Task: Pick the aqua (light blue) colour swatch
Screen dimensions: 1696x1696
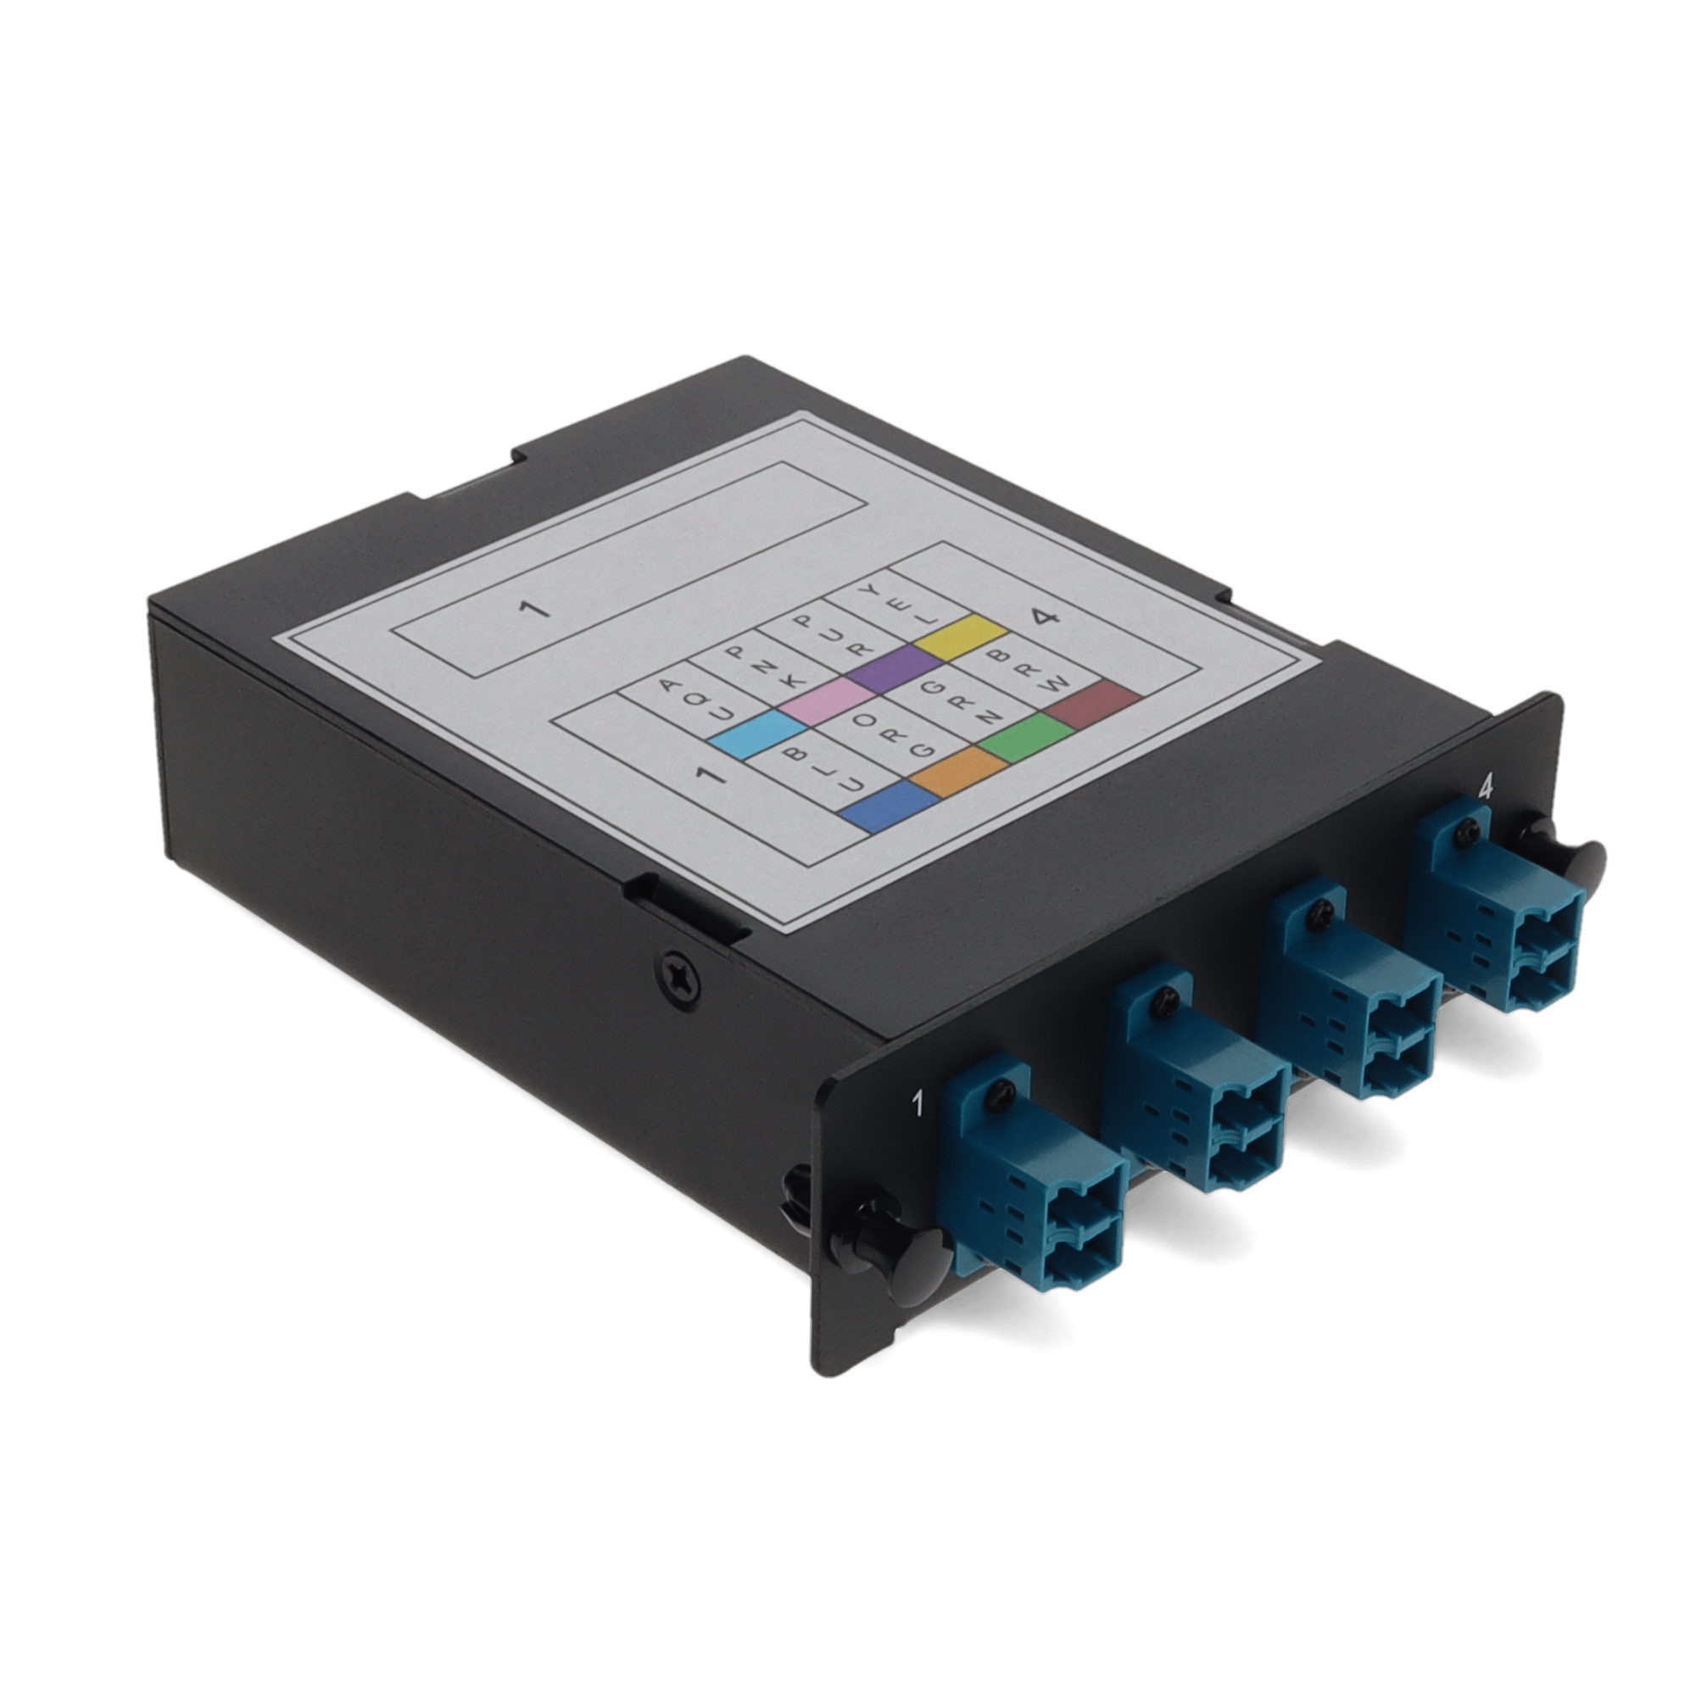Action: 757,734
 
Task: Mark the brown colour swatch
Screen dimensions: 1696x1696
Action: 1096,704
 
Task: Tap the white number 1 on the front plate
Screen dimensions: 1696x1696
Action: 918,1102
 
